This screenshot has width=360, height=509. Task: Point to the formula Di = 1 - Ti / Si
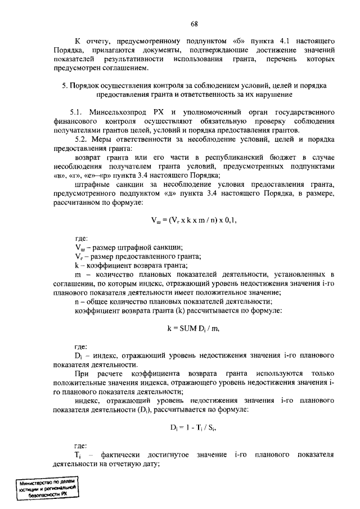click(193, 427)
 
